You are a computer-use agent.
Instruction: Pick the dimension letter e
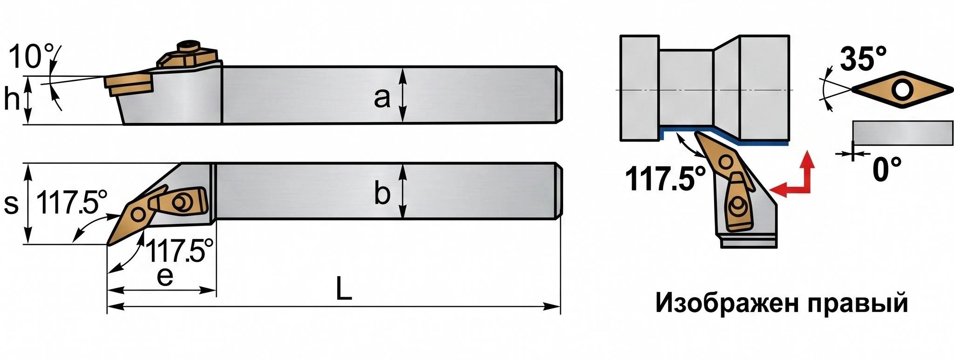pos(165,277)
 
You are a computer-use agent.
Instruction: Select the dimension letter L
pos(344,289)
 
